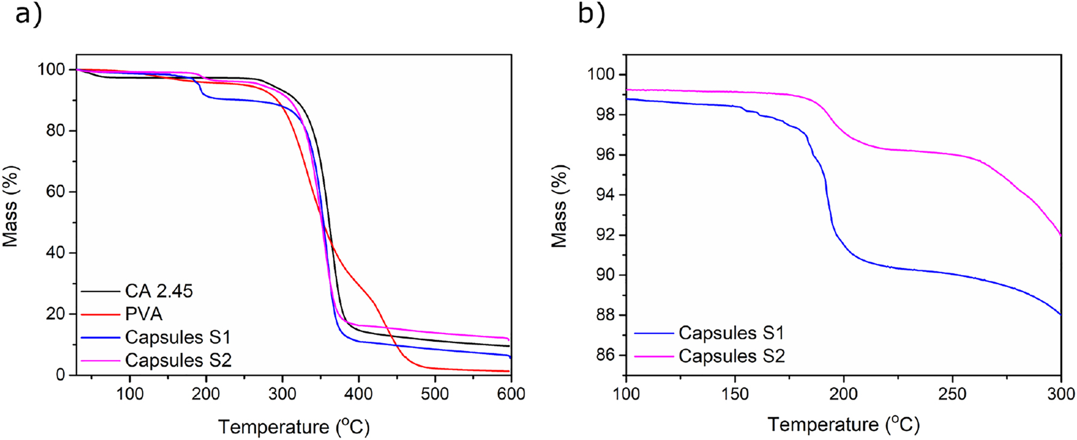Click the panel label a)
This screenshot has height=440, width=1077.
pos(28,13)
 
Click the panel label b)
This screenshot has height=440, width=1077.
pos(591,13)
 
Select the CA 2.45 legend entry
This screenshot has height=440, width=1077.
pos(159,291)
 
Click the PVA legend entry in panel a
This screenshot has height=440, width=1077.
pos(144,314)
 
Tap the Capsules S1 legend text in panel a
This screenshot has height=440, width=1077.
pos(178,337)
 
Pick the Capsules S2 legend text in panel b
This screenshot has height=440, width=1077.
pos(731,356)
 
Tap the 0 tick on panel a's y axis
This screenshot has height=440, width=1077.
pos(60,374)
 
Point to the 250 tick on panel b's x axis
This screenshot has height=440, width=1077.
pos(952,394)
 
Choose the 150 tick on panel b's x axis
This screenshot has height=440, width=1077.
pos(735,394)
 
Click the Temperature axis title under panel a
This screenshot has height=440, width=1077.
pos(294,427)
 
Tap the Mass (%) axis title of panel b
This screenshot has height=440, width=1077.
pos(559,206)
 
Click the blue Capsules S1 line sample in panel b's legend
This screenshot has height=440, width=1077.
pos(654,333)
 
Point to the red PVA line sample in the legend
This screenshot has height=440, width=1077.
pos(100,314)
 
